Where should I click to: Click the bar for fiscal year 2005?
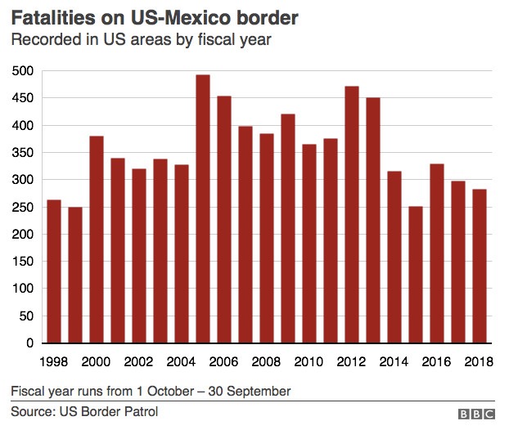pos(202,208)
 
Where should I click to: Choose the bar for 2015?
pos(416,274)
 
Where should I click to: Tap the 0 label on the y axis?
pos(29,343)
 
